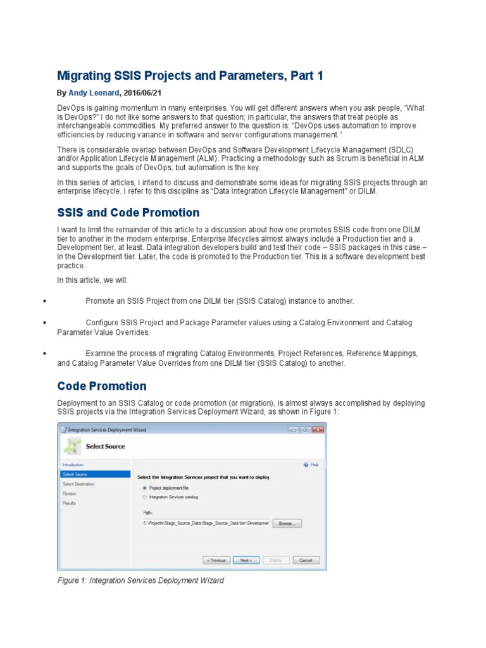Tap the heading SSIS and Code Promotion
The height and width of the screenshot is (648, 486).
128,213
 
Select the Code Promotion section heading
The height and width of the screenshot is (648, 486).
101,386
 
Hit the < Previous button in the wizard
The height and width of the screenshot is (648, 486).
216,560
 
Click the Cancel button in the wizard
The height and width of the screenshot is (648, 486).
306,560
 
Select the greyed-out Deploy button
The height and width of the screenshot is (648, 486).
276,560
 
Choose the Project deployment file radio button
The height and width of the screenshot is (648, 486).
145,488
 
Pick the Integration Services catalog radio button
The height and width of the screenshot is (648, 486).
145,497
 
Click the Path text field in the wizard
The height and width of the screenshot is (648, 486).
206,523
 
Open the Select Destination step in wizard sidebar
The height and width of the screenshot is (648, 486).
78,483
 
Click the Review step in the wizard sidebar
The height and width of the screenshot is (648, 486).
70,493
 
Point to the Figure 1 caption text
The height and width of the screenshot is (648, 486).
140,580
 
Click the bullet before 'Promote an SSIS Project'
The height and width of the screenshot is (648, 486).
44,301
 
